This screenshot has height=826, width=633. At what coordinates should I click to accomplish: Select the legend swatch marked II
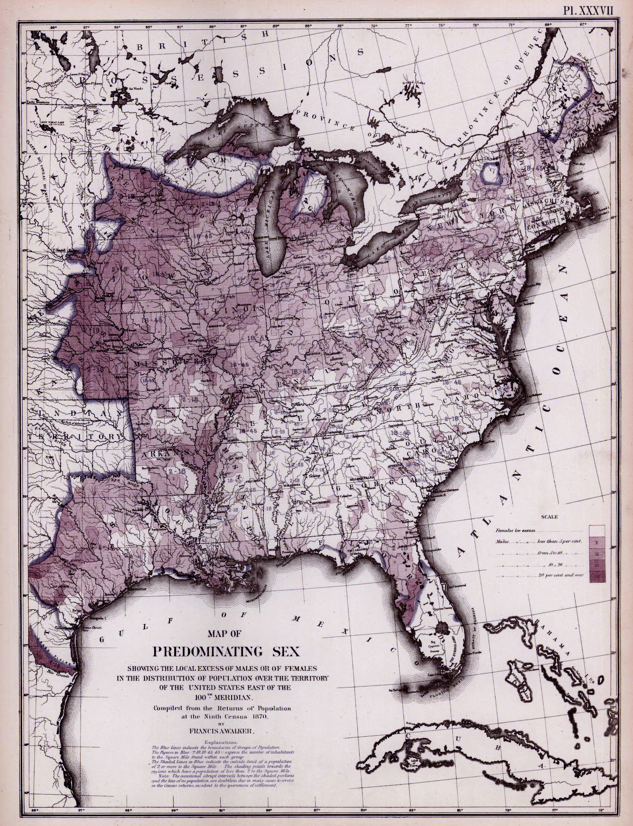[x=597, y=554]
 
